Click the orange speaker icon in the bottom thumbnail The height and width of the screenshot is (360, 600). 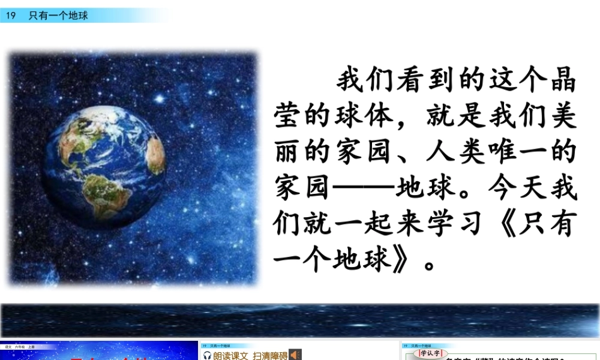click(295, 355)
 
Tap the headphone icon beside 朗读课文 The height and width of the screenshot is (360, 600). click(208, 355)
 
